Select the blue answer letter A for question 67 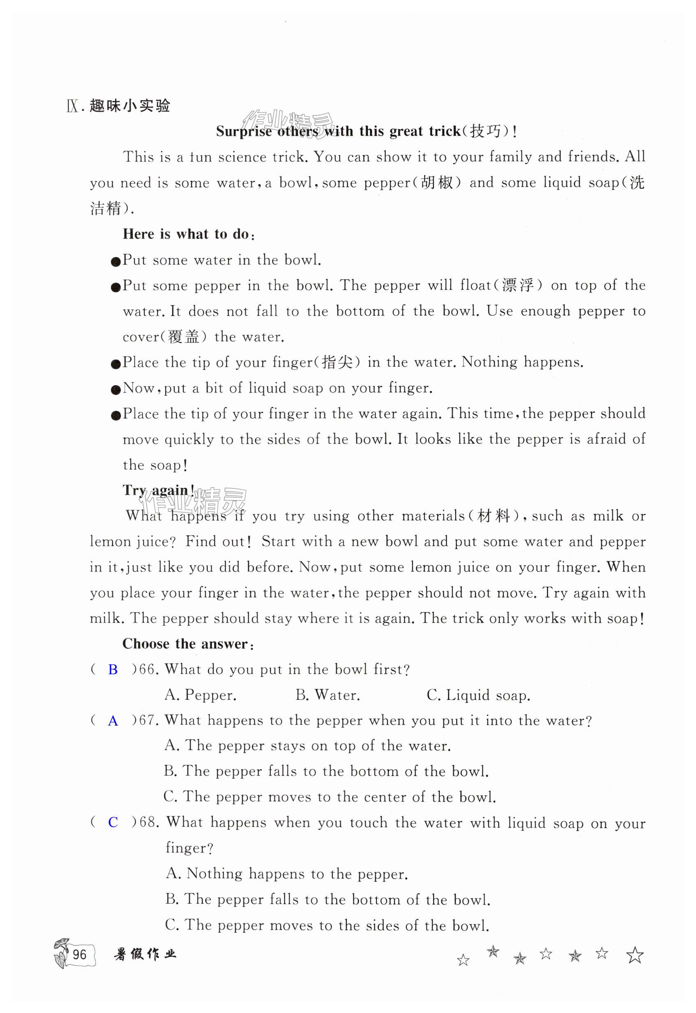point(113,721)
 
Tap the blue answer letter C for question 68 point(113,822)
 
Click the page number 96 point(79,955)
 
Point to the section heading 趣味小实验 point(129,106)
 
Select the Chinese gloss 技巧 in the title point(485,131)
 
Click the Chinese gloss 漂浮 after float point(518,285)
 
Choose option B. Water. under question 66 point(327,695)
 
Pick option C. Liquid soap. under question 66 point(478,695)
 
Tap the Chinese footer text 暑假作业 point(145,955)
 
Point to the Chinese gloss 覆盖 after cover point(183,337)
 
